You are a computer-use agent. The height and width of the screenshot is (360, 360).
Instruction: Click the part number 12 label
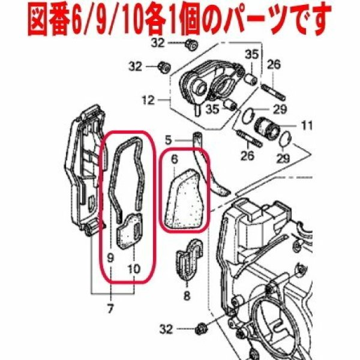click(x=148, y=100)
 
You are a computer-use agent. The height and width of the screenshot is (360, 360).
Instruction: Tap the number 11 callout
click(x=307, y=125)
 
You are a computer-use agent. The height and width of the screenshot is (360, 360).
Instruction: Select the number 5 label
click(x=168, y=140)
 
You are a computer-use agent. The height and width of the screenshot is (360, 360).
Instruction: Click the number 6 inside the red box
click(x=175, y=160)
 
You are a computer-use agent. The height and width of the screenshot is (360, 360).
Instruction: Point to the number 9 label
click(x=110, y=258)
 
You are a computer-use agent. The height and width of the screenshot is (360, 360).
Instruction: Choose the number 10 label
click(x=134, y=269)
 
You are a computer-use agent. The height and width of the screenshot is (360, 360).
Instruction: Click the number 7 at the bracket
click(x=110, y=309)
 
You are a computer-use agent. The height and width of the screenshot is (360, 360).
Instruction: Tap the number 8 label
click(x=187, y=295)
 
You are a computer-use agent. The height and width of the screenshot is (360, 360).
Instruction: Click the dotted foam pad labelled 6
click(x=183, y=199)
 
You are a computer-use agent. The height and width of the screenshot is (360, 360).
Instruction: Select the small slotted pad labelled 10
click(x=129, y=231)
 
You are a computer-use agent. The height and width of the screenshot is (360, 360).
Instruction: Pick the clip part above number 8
click(x=189, y=259)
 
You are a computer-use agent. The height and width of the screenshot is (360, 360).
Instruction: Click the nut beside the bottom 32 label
click(x=200, y=330)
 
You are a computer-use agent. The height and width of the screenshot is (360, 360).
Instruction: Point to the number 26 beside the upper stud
click(x=274, y=65)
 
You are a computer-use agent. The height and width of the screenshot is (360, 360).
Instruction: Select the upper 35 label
click(x=251, y=55)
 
